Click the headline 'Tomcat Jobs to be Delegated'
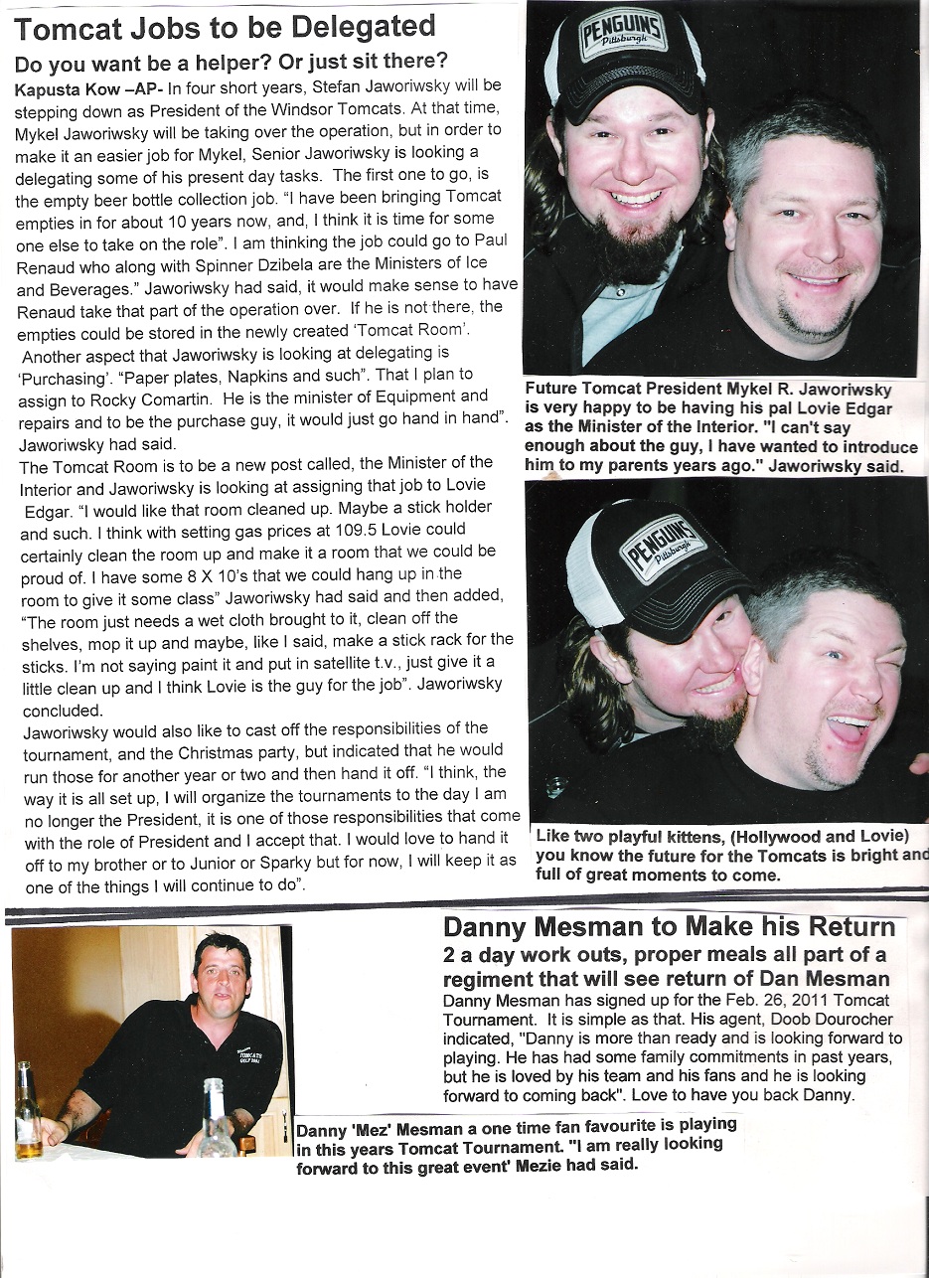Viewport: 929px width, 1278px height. (x=226, y=28)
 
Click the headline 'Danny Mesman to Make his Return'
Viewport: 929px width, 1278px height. (x=669, y=928)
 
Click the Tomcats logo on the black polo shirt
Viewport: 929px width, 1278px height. (x=249, y=1056)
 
